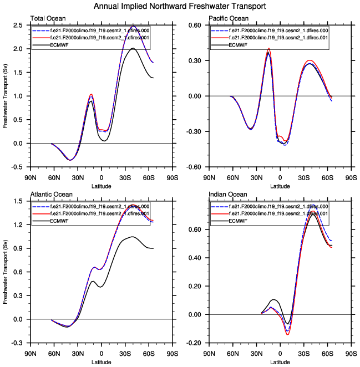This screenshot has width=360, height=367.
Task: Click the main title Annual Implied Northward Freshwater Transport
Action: (x=180, y=6)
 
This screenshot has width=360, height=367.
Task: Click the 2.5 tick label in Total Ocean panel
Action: (x=18, y=26)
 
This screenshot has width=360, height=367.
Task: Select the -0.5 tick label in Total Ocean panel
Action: (x=17, y=167)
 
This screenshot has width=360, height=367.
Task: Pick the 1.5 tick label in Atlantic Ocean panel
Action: (x=18, y=201)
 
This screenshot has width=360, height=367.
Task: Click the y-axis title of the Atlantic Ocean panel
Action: (x=6, y=272)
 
